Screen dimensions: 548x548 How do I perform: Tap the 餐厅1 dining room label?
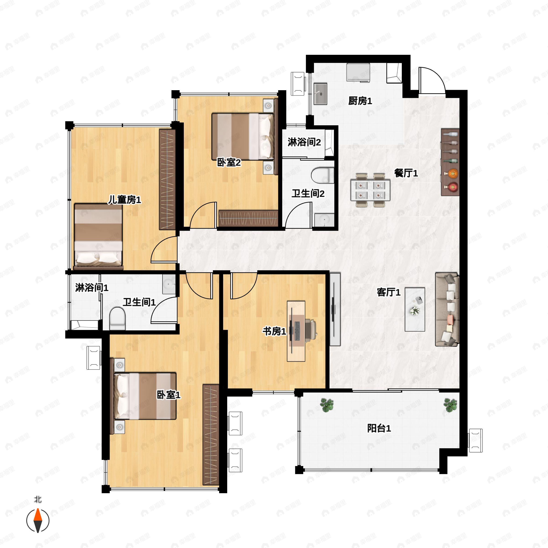coord(406,173)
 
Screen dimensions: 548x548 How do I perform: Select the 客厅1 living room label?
coord(389,292)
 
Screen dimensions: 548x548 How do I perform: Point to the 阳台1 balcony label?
coord(379,428)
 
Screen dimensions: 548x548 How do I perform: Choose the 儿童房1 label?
coord(124,200)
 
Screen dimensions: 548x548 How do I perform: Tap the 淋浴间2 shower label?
coord(304,142)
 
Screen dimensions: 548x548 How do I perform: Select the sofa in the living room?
coord(447,309)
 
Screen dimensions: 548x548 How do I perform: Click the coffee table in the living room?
coord(415,309)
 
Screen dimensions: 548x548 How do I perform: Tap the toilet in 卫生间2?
coord(322,176)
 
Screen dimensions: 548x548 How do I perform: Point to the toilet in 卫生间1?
coord(117,319)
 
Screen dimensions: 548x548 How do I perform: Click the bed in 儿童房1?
coord(98,236)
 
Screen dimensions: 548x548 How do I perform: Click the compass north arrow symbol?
coord(38,521)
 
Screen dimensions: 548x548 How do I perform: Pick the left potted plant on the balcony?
coord(327,405)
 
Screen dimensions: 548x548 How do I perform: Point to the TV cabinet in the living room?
coord(335,309)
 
